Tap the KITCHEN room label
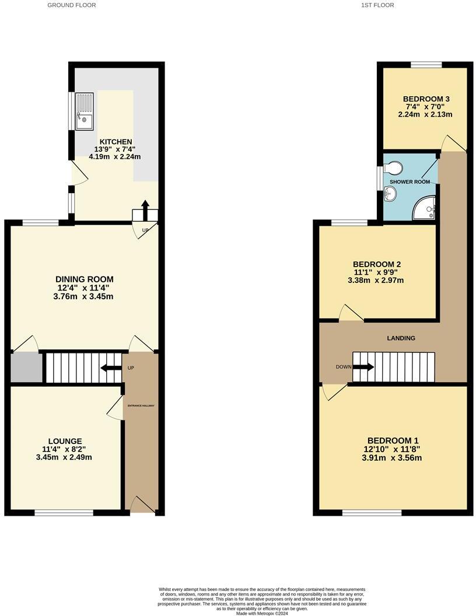116,142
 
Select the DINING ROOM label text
85,279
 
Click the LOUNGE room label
65,441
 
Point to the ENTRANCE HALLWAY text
141,405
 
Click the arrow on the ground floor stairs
108,368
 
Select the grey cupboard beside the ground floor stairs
26,367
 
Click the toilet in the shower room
393,169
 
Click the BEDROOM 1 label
393,440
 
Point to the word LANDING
401,338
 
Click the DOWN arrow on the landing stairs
363,367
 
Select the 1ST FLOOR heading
377,5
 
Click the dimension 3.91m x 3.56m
393,458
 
